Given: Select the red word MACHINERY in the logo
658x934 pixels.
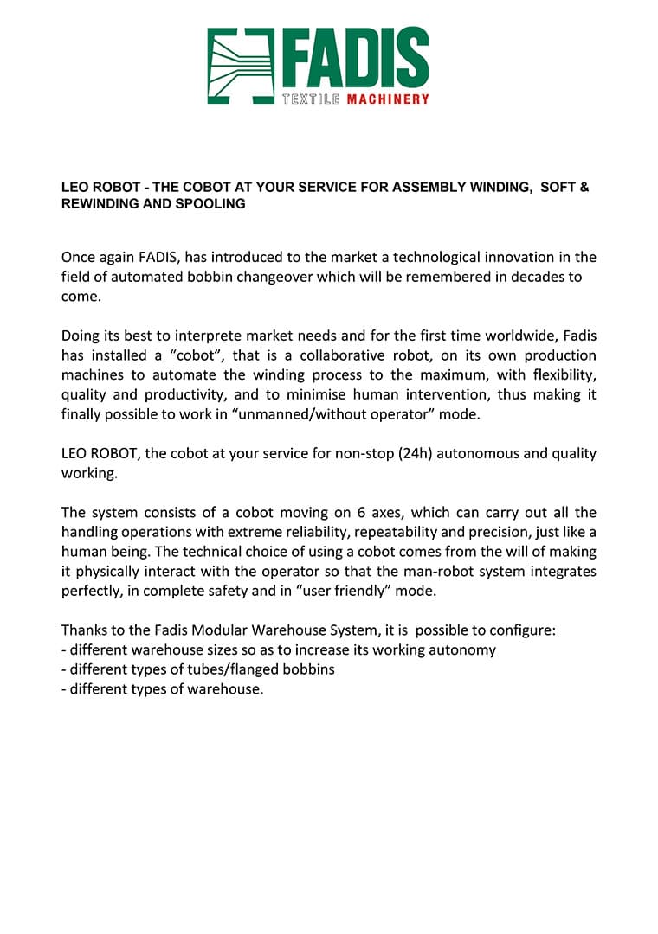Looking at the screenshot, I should tap(388, 100).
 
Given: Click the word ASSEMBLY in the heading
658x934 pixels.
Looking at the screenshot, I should tap(426, 187).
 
